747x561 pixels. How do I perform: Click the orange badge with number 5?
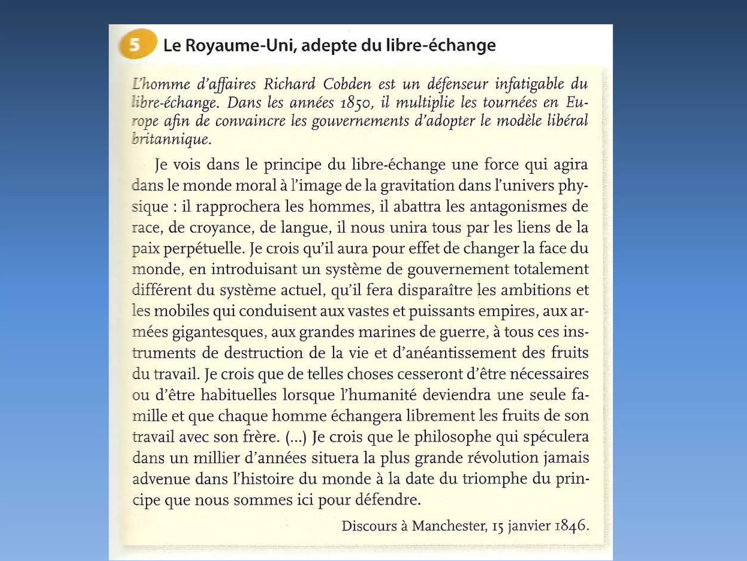[x=137, y=44]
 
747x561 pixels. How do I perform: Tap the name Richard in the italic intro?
[x=289, y=84]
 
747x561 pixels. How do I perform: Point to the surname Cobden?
[x=347, y=84]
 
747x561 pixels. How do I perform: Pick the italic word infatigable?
[x=529, y=84]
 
